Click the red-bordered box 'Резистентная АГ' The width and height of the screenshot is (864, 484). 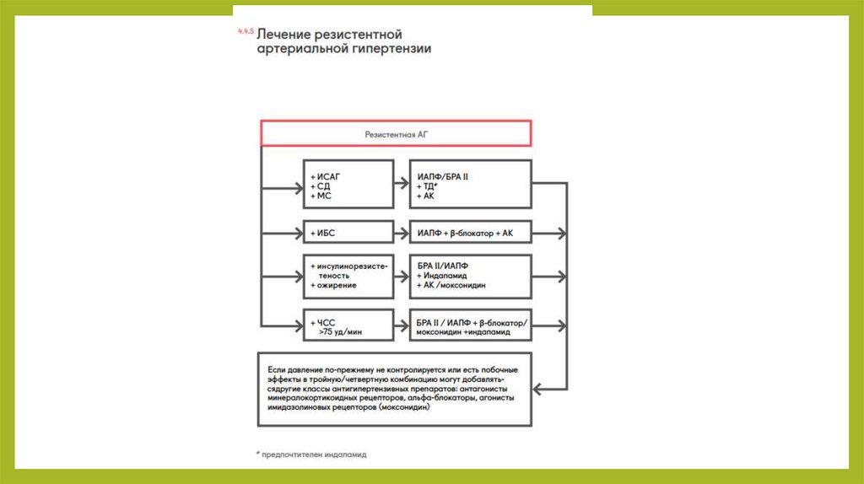(x=395, y=133)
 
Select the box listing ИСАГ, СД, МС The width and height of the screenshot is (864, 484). (x=348, y=185)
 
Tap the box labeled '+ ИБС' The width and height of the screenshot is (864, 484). (x=348, y=232)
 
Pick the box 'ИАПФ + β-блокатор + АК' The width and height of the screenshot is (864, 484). (x=470, y=232)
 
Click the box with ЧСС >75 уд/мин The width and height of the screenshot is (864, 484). (x=348, y=325)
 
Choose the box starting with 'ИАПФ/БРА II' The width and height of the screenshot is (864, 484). (x=470, y=185)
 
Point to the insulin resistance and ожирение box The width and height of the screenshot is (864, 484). (x=348, y=276)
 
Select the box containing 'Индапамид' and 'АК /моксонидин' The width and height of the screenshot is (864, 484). (x=470, y=276)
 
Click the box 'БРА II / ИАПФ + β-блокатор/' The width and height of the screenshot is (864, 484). (x=470, y=325)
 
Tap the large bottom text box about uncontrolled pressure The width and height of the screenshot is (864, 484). (x=395, y=389)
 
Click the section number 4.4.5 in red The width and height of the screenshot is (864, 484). (x=245, y=31)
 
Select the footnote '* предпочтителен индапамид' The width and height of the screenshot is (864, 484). (x=311, y=454)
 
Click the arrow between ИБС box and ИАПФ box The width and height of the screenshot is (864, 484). (x=401, y=232)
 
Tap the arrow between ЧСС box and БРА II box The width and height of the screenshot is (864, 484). (x=401, y=325)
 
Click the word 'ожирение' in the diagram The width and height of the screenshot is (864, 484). (x=337, y=286)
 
